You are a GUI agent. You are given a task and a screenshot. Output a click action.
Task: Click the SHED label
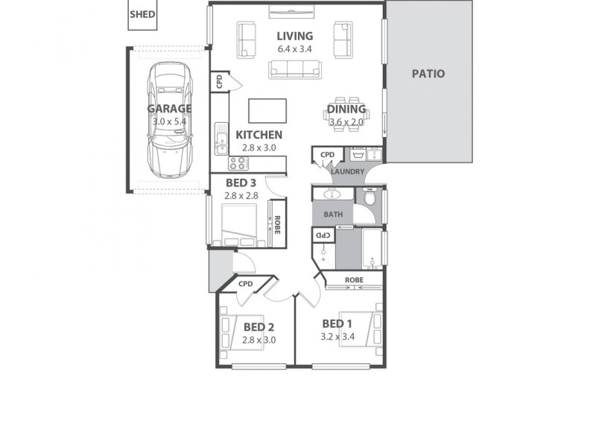(x=142, y=14)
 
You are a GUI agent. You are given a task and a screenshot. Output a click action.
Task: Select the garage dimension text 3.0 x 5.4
(x=169, y=121)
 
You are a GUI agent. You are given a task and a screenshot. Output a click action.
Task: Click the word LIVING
(x=294, y=36)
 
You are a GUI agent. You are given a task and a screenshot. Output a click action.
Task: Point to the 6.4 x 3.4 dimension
(x=294, y=49)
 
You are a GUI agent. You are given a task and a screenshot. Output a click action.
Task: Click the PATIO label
(x=428, y=74)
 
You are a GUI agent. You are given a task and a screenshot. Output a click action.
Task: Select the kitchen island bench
(x=267, y=109)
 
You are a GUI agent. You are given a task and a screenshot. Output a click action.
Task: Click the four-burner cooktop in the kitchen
(x=239, y=162)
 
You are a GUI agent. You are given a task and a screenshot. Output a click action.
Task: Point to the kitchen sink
(x=221, y=138)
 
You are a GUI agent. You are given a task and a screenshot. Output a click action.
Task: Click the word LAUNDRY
(x=348, y=171)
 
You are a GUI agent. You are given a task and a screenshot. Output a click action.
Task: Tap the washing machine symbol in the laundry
(x=356, y=155)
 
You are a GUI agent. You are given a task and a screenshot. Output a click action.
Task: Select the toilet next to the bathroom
(x=370, y=199)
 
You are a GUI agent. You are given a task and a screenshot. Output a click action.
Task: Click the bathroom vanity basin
(x=332, y=194)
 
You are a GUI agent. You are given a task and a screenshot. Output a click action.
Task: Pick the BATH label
(x=332, y=215)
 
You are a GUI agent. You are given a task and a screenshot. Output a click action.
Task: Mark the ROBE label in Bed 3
(x=277, y=224)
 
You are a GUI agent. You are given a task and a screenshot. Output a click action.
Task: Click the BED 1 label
(x=337, y=323)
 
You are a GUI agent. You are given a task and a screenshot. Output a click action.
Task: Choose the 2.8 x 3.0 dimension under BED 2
(x=259, y=340)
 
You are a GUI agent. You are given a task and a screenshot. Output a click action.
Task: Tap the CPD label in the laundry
(x=327, y=155)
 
